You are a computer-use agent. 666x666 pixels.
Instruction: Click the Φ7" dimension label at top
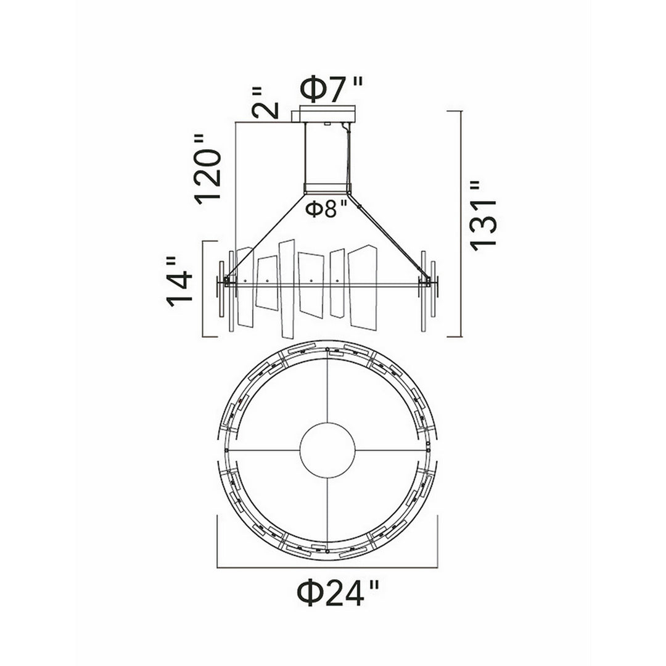[331, 90]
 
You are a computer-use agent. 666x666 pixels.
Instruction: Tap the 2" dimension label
[265, 103]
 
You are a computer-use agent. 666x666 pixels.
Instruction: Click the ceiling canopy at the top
[327, 114]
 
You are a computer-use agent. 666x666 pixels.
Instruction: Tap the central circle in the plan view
[327, 451]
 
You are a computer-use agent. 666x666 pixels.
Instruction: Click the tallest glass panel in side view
[286, 289]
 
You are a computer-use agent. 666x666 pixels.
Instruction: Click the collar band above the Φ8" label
[327, 187]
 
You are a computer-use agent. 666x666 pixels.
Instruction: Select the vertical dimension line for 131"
[462, 223]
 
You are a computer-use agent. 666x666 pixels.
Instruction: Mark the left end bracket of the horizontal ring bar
[228, 282]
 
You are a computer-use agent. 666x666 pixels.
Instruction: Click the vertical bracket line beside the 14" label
[204, 288]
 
